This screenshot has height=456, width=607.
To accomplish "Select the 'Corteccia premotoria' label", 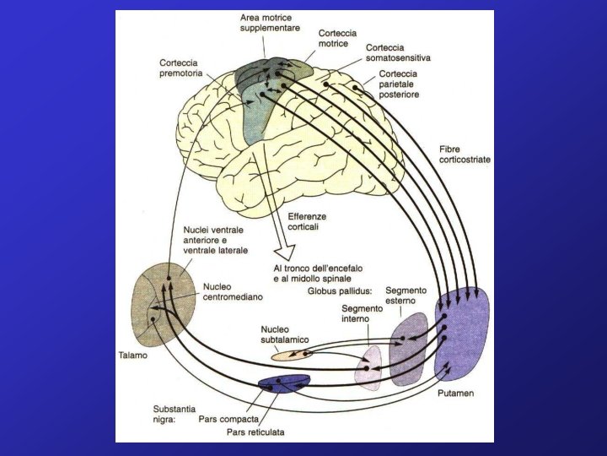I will pyautogui.click(x=182, y=68).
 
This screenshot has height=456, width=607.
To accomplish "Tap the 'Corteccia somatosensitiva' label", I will pyautogui.click(x=398, y=53).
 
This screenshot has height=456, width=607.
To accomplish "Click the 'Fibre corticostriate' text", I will pyautogui.click(x=465, y=154).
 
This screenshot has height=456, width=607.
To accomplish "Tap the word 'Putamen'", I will pyautogui.click(x=456, y=394).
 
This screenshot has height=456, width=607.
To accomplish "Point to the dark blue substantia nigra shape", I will pyautogui.click(x=282, y=384).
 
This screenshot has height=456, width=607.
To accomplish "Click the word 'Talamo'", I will pyautogui.click(x=132, y=356).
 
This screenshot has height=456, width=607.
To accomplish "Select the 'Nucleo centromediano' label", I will pyautogui.click(x=234, y=292).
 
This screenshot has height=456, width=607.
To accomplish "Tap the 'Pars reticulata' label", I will pyautogui.click(x=255, y=432).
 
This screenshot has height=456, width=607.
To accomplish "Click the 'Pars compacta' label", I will pyautogui.click(x=228, y=417).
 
